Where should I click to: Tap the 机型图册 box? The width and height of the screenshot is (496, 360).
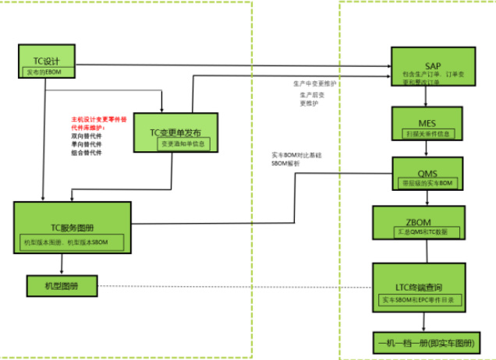[x=62, y=285]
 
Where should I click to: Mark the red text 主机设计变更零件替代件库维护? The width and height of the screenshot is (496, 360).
[x=101, y=124]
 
